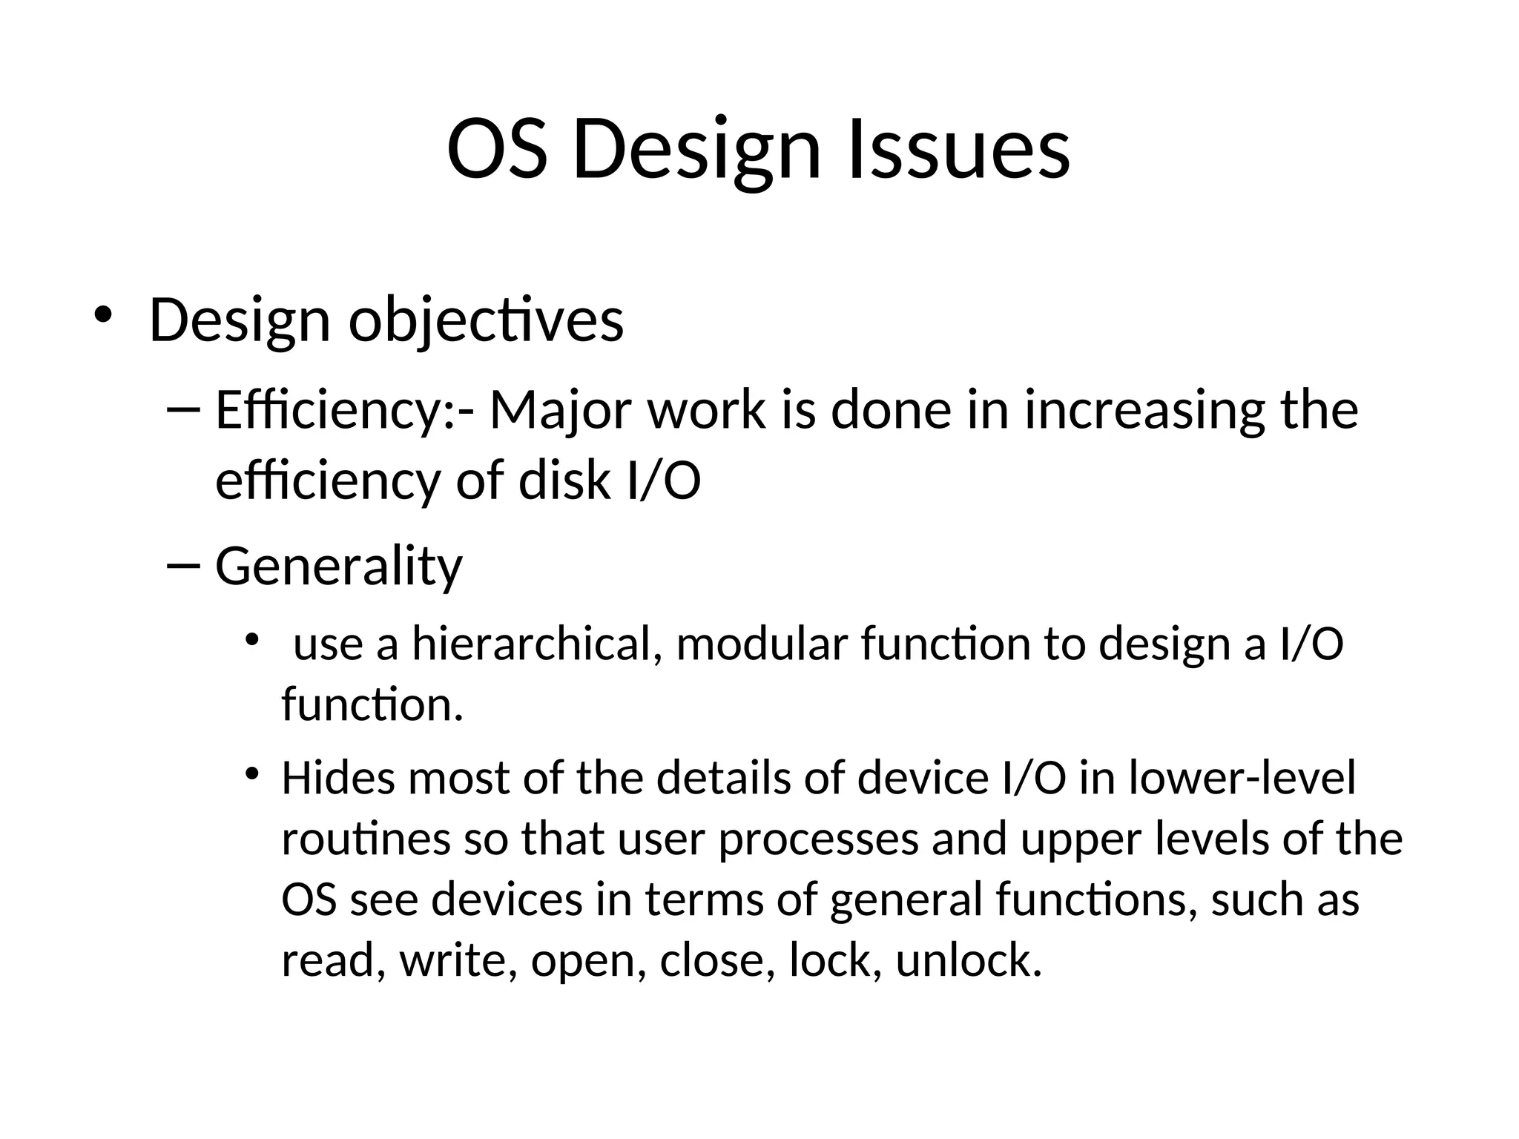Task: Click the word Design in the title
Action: (696, 152)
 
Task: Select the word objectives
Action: (486, 321)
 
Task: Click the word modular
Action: (762, 644)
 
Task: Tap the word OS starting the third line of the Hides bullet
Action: (309, 900)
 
